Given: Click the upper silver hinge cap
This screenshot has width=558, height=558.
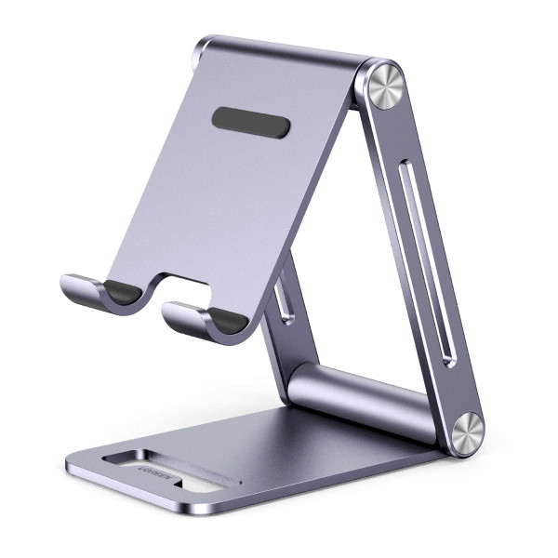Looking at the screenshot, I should [x=382, y=86].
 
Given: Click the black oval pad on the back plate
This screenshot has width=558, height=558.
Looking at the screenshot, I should [x=250, y=122].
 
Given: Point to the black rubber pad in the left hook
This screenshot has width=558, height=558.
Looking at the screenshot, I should [x=122, y=292].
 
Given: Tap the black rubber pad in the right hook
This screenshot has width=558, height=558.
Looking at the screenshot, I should [x=228, y=322].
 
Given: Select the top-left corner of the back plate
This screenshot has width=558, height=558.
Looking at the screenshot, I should [x=205, y=44].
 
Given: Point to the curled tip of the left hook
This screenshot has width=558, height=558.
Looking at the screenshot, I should [x=67, y=284].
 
